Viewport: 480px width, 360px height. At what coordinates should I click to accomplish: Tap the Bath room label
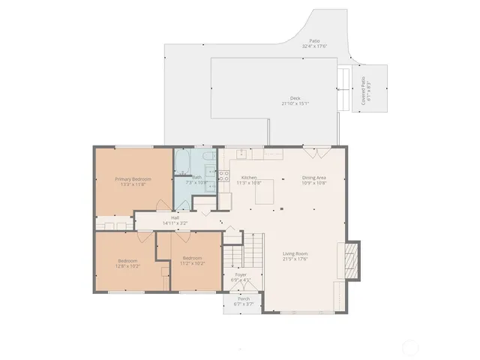[196, 177]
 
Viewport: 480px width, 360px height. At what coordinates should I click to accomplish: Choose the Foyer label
[241, 275]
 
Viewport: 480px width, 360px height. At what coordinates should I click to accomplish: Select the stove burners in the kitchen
[223, 176]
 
